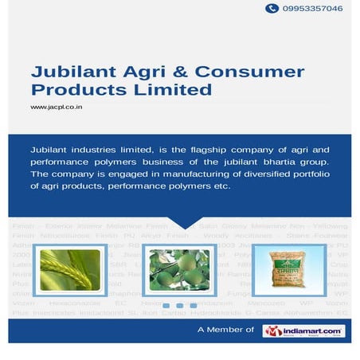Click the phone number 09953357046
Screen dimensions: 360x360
tap(315, 8)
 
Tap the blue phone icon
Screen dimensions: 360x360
tap(272, 8)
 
